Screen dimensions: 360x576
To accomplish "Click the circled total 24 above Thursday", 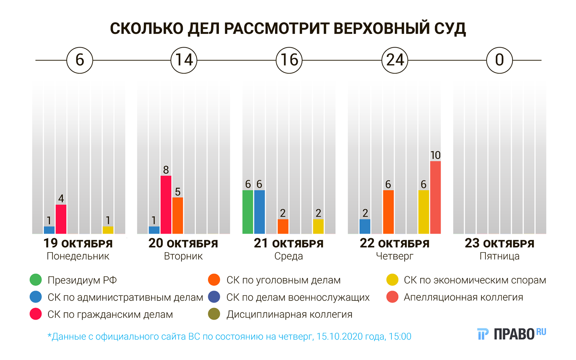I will click(x=395, y=60).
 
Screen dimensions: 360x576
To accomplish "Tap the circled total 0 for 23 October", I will click(x=499, y=60).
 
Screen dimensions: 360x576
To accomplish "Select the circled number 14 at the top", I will click(x=184, y=60).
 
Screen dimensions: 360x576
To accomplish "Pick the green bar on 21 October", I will click(x=248, y=212).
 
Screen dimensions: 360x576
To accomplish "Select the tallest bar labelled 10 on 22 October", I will click(x=435, y=197).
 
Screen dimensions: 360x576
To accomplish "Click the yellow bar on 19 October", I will click(x=108, y=230).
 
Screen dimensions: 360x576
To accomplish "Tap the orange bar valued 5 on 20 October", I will click(x=177, y=215).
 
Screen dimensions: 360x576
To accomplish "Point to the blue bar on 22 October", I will click(x=365, y=226).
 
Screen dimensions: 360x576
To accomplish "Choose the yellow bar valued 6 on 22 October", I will click(x=424, y=212).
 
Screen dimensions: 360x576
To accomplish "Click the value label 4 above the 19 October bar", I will click(x=61, y=199).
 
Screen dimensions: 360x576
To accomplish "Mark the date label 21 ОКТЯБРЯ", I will click(x=289, y=244).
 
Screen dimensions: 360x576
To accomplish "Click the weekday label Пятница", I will click(x=499, y=256).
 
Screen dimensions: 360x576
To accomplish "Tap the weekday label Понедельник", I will click(x=78, y=256).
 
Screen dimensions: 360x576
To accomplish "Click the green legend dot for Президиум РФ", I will click(x=36, y=280).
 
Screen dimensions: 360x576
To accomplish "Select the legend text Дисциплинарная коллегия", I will click(x=289, y=315).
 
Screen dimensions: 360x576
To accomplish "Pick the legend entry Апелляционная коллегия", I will click(x=463, y=297).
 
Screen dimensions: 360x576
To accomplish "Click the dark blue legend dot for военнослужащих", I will click(x=214, y=297).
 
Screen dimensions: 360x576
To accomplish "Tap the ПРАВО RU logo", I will click(x=511, y=334).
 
